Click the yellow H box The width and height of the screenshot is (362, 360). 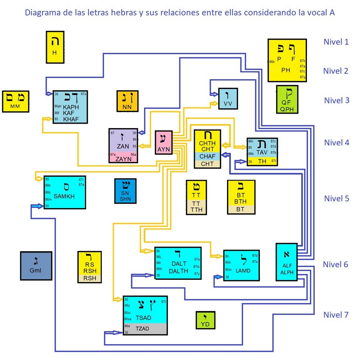click(x=55, y=47)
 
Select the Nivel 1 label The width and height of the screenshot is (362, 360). click(x=336, y=42)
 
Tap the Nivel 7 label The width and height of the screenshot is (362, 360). click(x=336, y=315)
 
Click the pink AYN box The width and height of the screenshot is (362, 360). click(x=163, y=142)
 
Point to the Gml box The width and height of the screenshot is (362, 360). click(x=36, y=266)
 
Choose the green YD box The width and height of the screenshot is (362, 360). click(x=205, y=320)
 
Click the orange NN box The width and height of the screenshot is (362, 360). click(x=127, y=101)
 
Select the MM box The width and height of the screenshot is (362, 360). click(x=15, y=101)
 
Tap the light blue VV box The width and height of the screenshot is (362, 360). click(x=228, y=98)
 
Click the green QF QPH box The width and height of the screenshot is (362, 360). click(x=287, y=99)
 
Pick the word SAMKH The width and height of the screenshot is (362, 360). click(x=64, y=196)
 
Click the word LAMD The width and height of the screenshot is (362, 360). click(x=243, y=271)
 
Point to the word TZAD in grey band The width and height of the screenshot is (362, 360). click(x=142, y=329)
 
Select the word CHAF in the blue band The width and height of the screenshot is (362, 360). click(x=207, y=157)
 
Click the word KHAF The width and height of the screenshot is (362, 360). click(x=71, y=119)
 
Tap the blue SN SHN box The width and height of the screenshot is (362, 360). click(x=125, y=191)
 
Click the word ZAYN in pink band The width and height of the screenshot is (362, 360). click(x=123, y=159)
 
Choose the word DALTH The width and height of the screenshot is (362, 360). click(x=178, y=271)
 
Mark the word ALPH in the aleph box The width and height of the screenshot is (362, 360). click(x=287, y=273)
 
